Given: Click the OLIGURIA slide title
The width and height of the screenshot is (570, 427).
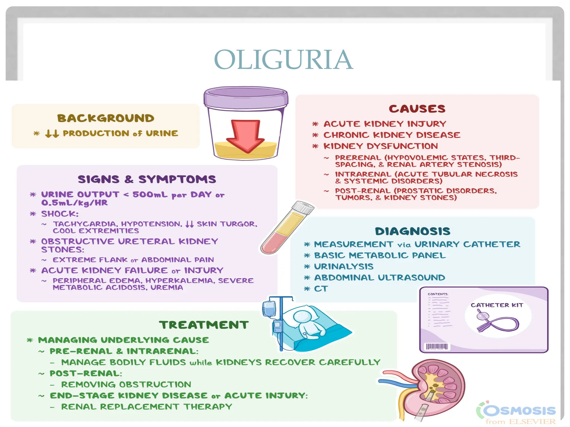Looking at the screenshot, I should pyautogui.click(x=283, y=60).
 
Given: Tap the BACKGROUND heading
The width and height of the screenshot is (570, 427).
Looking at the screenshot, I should pyautogui.click(x=106, y=118).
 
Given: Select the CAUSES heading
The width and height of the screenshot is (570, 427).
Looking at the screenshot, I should pyautogui.click(x=417, y=109).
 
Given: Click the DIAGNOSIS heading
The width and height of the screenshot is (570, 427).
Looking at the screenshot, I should pyautogui.click(x=412, y=231).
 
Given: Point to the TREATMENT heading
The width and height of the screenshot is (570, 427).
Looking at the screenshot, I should pyautogui.click(x=204, y=325).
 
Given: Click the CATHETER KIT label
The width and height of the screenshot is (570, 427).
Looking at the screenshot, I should pyautogui.click(x=497, y=305).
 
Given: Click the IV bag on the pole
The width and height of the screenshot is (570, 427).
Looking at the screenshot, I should pyautogui.click(x=269, y=309).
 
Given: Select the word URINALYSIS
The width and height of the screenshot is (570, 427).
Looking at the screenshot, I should pyautogui.click(x=344, y=266).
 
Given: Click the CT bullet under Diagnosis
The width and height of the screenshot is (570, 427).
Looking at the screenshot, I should pyautogui.click(x=321, y=289).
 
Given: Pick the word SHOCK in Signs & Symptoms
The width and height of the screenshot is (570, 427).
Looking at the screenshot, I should pyautogui.click(x=60, y=214).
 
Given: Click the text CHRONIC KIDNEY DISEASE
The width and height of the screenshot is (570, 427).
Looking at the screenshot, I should pyautogui.click(x=392, y=135).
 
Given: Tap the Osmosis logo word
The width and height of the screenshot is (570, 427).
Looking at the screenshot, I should pyautogui.click(x=519, y=410).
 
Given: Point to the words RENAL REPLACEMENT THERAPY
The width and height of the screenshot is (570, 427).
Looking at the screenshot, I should pyautogui.click(x=147, y=407).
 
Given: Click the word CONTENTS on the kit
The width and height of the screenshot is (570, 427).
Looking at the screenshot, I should pyautogui.click(x=438, y=294).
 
